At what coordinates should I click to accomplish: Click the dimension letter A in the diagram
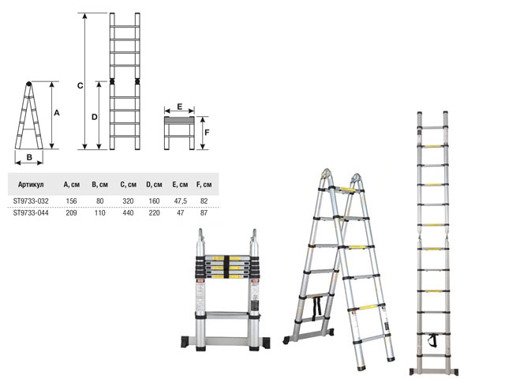click(x=57, y=113)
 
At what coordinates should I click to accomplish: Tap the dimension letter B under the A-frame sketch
click(x=29, y=157)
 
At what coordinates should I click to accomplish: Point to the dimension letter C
click(x=80, y=85)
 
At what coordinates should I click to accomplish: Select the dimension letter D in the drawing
click(x=95, y=117)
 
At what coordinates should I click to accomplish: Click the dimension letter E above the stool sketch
click(x=180, y=107)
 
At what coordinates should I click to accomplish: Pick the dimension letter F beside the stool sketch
click(x=207, y=133)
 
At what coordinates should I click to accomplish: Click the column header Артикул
click(x=31, y=185)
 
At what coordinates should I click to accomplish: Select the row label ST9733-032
click(x=31, y=201)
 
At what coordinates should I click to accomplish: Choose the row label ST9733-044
click(x=31, y=212)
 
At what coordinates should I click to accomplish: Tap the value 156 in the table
click(x=71, y=201)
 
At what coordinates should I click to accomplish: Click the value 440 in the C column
click(x=128, y=212)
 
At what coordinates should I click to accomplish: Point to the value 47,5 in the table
click(x=181, y=201)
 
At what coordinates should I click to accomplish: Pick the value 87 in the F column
click(x=204, y=212)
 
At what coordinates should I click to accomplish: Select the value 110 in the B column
click(x=100, y=212)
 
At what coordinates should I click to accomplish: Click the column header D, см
click(x=154, y=185)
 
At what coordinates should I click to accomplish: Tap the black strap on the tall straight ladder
click(x=433, y=340)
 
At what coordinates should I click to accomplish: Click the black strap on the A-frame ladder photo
click(x=317, y=306)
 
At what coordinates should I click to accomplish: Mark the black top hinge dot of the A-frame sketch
click(x=28, y=84)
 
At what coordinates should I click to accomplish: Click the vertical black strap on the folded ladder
click(x=226, y=267)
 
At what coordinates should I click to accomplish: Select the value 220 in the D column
click(x=154, y=212)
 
